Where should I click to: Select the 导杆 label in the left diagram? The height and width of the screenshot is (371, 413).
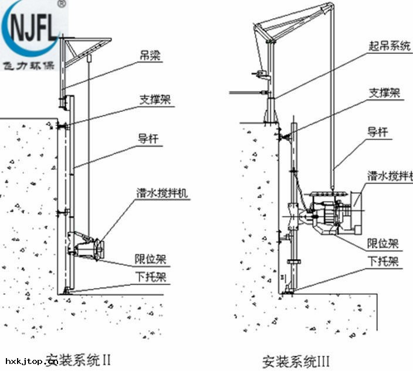[151, 139]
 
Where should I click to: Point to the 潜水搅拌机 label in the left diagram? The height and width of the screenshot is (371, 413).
[163, 192]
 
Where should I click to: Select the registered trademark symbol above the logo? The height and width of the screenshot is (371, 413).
[63, 4]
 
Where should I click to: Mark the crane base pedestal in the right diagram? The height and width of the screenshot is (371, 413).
[272, 111]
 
